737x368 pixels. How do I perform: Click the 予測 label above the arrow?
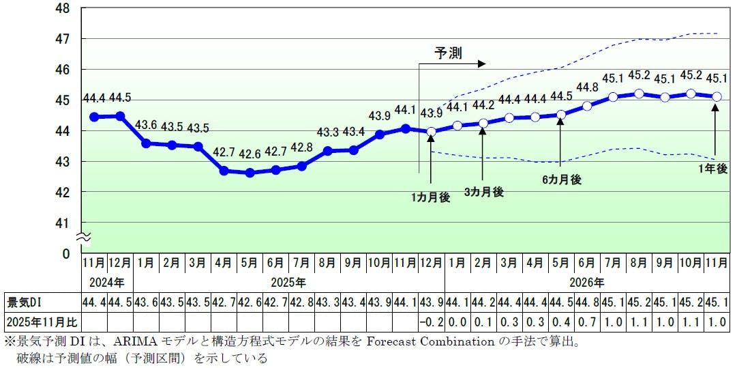(x=449, y=53)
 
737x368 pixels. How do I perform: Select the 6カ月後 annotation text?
(x=562, y=180)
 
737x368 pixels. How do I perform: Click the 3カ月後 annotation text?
(x=483, y=192)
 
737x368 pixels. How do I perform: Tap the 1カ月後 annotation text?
(x=431, y=197)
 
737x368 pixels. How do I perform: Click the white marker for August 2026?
(x=639, y=94)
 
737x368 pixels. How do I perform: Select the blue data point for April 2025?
(x=224, y=171)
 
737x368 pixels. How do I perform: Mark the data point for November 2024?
(x=93, y=117)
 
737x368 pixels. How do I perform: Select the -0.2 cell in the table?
(x=431, y=321)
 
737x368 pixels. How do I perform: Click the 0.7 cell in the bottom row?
(x=587, y=321)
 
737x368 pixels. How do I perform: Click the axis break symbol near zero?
(x=81, y=238)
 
